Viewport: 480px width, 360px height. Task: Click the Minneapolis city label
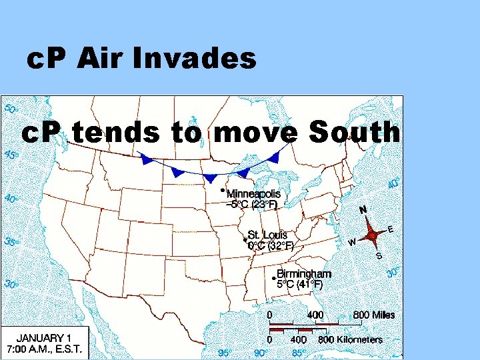(253, 193)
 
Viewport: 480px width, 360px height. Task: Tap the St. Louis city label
(267, 235)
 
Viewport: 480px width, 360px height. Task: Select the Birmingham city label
(303, 274)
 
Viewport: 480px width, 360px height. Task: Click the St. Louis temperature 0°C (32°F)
(270, 245)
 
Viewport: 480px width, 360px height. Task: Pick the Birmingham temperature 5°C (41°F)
(299, 285)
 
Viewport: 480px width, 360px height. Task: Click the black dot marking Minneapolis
(222, 190)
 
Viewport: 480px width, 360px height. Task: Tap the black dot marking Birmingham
(274, 277)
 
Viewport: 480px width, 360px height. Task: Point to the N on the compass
(363, 209)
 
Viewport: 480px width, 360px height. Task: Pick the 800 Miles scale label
(373, 315)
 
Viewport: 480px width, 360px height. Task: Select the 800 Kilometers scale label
(351, 339)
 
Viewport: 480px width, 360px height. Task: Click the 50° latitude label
(12, 108)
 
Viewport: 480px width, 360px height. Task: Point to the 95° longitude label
(227, 353)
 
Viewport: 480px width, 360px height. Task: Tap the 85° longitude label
(299, 353)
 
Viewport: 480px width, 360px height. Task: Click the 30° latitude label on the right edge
(393, 273)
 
